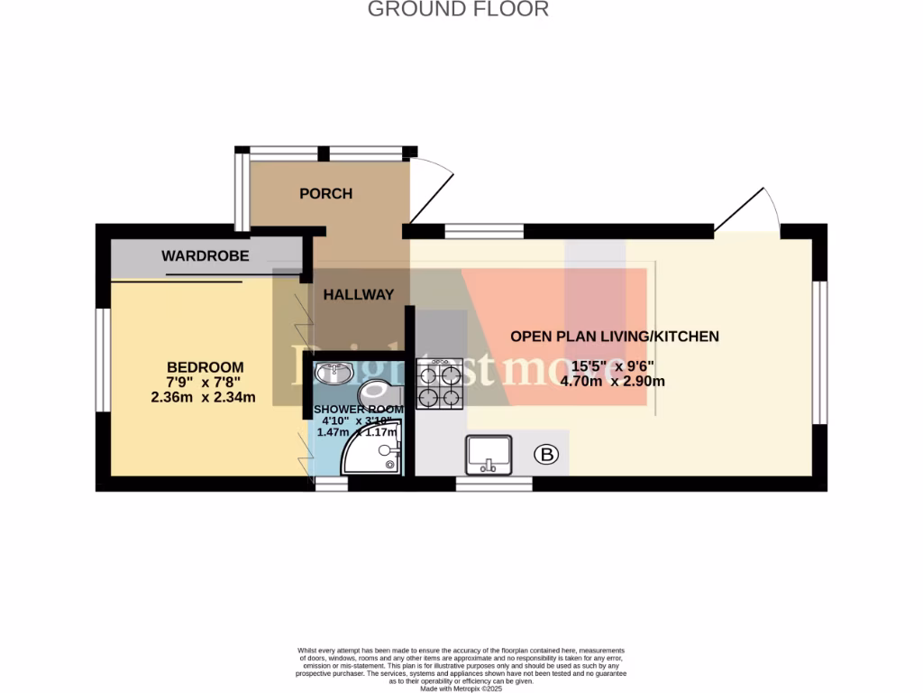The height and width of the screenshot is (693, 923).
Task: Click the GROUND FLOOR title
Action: click(458, 10)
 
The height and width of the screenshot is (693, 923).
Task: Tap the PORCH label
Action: click(325, 194)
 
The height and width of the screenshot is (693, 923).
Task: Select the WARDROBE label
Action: click(205, 256)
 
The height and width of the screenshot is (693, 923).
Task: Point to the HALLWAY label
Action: click(359, 294)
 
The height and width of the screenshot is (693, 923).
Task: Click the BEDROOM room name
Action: click(205, 367)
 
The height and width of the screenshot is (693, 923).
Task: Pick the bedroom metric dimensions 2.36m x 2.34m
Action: click(205, 397)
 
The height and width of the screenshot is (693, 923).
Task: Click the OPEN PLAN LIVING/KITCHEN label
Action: click(615, 337)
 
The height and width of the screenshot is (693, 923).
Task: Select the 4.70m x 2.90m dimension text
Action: click(614, 381)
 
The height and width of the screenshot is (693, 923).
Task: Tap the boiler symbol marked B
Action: click(546, 455)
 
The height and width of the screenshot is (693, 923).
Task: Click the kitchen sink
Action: click(489, 454)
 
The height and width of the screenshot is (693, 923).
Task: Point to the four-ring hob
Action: click(439, 384)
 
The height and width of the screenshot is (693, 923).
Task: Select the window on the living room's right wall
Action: click(820, 352)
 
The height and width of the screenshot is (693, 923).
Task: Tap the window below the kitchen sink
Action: click(493, 484)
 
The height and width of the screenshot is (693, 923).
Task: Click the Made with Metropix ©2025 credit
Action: click(461, 688)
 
